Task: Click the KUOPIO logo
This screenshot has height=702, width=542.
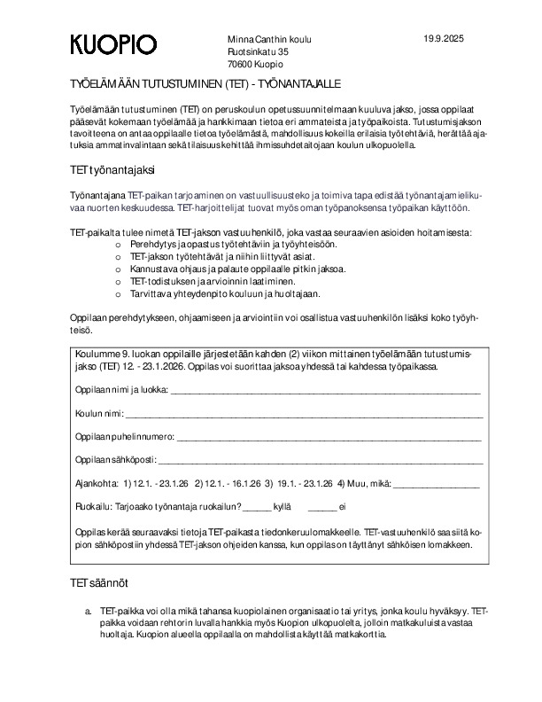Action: (114, 45)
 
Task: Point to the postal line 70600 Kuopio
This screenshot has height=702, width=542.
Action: (255, 65)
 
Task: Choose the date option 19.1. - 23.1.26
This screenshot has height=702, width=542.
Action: (305, 484)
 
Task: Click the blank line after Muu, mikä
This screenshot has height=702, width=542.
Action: (436, 484)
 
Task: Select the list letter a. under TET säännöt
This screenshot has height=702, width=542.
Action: (88, 612)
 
